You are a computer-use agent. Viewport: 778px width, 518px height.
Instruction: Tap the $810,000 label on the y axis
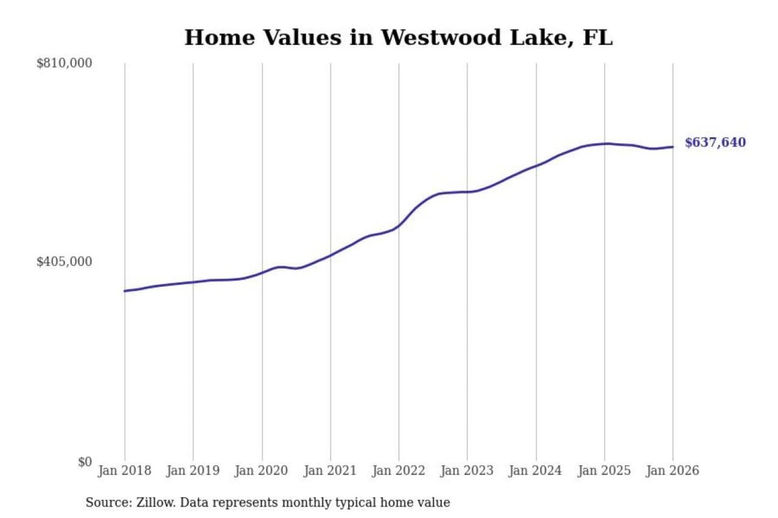tap(64, 63)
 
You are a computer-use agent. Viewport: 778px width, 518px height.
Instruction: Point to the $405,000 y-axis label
tap(64, 262)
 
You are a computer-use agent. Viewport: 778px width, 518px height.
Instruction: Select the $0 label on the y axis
tap(85, 462)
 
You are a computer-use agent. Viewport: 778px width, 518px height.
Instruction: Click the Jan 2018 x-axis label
tap(124, 471)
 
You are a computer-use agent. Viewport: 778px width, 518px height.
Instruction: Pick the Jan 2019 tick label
tap(193, 471)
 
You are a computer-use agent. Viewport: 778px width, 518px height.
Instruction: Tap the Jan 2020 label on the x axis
tap(261, 471)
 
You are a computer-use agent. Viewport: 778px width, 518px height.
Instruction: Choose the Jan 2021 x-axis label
tap(330, 471)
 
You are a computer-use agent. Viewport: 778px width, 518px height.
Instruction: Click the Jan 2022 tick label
tap(399, 471)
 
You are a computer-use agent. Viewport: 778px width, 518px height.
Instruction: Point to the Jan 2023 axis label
tap(467, 471)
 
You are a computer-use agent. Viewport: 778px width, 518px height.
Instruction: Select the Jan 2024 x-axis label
tap(535, 471)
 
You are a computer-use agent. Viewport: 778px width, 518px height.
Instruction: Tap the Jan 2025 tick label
tap(604, 471)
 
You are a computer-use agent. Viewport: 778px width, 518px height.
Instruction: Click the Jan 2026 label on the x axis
tap(673, 471)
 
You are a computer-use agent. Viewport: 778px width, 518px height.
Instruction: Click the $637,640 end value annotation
tap(715, 142)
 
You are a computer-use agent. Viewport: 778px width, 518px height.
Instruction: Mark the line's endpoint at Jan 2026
tap(673, 147)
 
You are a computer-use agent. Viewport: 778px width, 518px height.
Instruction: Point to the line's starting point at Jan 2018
tap(125, 291)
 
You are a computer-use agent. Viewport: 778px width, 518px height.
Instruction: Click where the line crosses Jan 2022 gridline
tap(399, 226)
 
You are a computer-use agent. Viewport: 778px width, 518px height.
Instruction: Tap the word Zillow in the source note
tap(155, 502)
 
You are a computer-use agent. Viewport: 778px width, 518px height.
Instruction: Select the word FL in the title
tap(598, 38)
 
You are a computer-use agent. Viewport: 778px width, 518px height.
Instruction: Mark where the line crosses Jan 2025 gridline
tap(605, 144)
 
